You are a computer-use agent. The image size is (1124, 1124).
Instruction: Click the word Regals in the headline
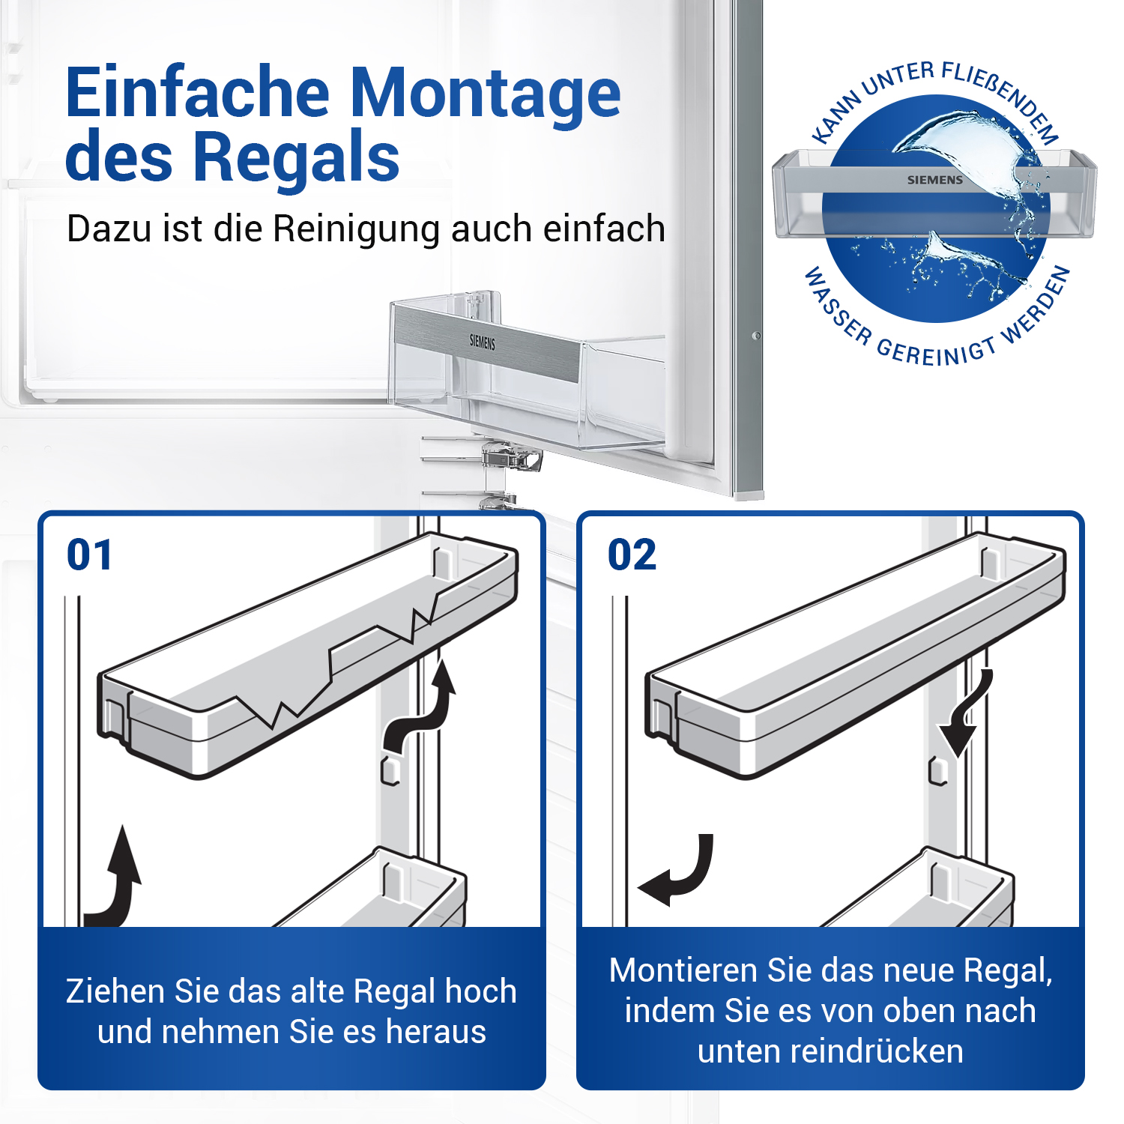[297, 156]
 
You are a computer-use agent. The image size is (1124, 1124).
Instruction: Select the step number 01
[89, 555]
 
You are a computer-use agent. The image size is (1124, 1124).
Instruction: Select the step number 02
[632, 555]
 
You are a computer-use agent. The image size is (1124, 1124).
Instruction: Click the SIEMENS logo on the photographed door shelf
[483, 342]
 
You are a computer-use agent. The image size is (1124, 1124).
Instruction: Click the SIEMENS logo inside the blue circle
[935, 180]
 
